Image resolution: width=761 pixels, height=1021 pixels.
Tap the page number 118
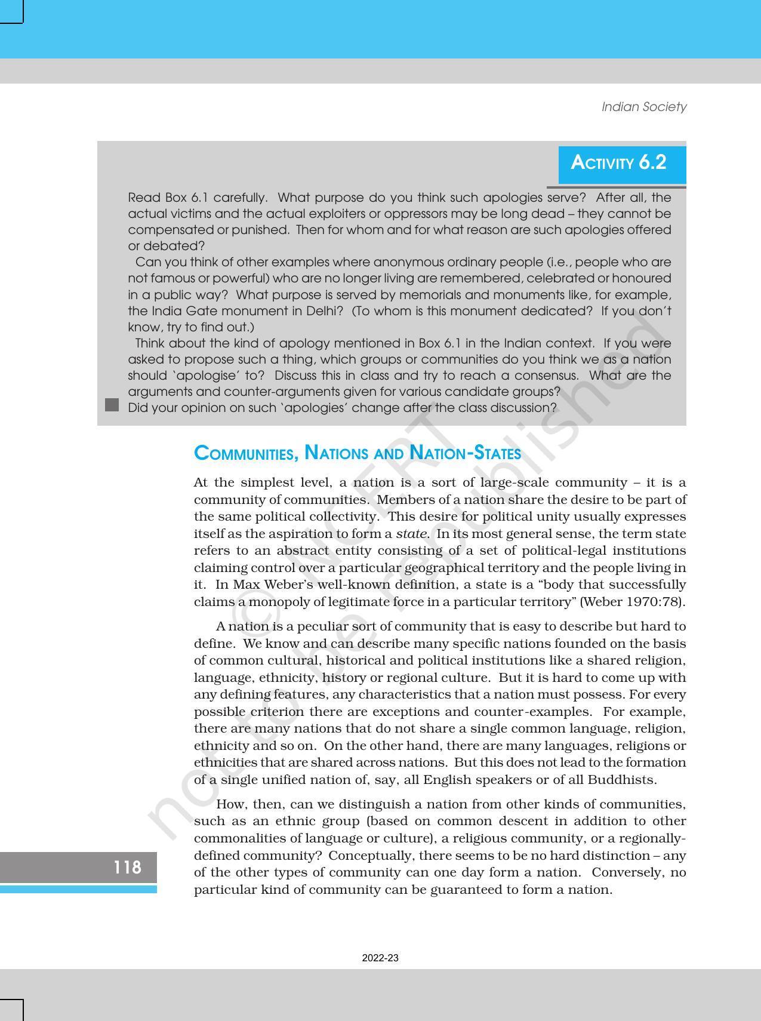coord(127,867)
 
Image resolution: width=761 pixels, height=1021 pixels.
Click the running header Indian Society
coord(643,107)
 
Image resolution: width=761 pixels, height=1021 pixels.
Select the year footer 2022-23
coord(380,958)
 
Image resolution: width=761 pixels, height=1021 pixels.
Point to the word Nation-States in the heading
coord(465,453)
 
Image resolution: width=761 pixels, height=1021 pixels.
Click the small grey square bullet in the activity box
coord(112,405)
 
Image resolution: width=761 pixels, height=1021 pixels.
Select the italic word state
coord(411,534)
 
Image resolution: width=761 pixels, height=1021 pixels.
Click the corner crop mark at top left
coord(11,11)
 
